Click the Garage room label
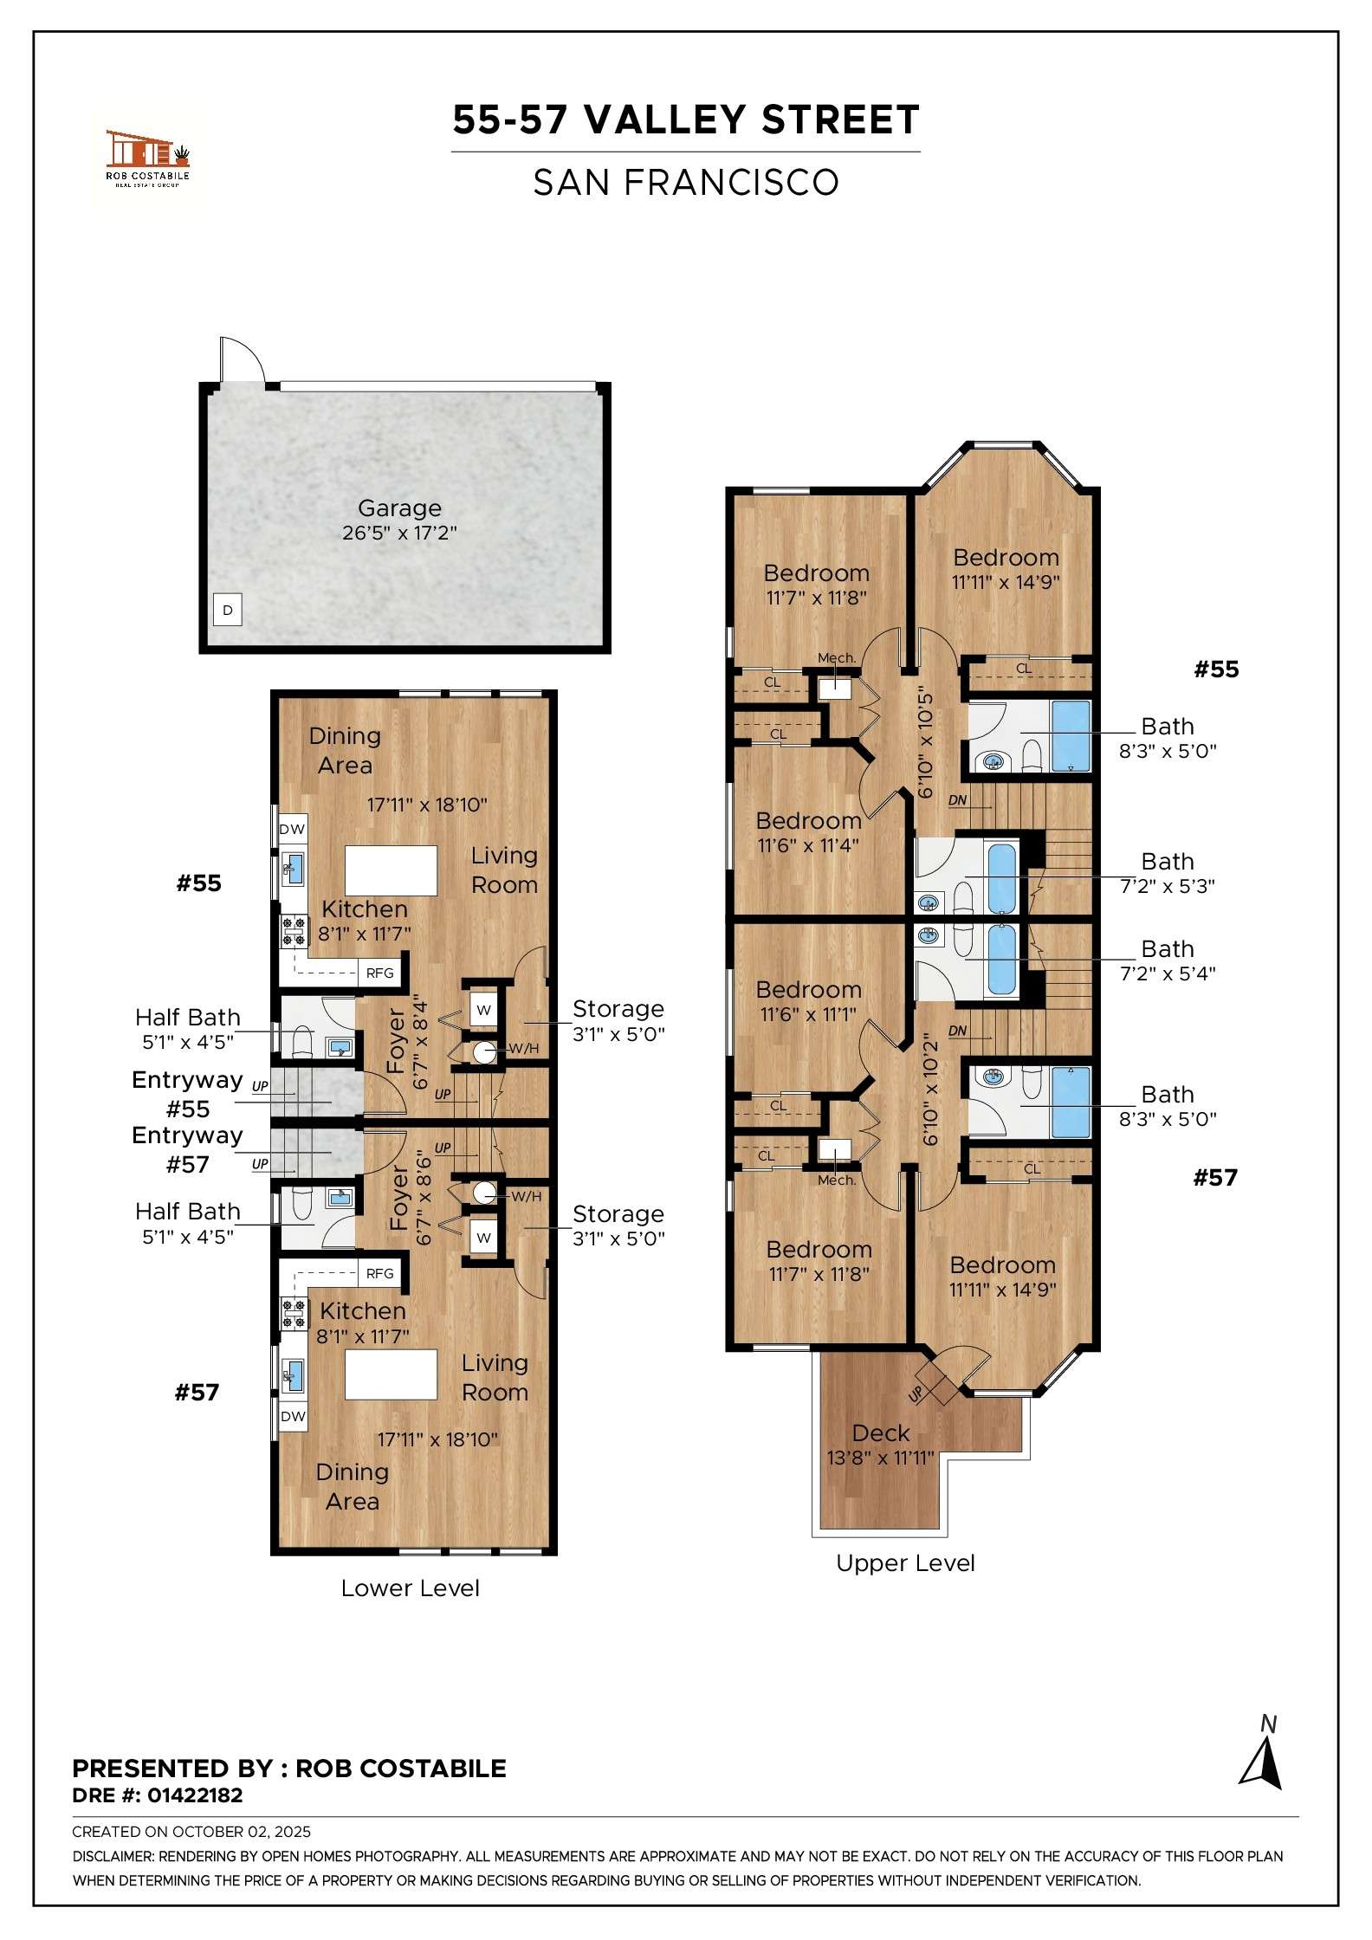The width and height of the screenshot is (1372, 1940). point(399,519)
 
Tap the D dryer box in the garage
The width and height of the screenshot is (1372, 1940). point(228,610)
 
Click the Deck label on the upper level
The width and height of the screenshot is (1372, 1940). point(880,1445)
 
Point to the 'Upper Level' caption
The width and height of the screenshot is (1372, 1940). point(905,1563)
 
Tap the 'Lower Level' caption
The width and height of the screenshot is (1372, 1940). point(410,1588)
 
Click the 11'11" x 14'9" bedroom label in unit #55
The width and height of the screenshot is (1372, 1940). point(1006,569)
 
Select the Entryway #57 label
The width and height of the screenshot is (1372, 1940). point(187,1149)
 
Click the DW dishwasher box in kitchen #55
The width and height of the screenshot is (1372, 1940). point(292,829)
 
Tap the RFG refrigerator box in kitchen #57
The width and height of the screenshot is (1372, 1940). point(379,1273)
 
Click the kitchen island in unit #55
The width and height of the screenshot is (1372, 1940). point(391,870)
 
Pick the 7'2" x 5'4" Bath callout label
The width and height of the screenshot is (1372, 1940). point(1167,960)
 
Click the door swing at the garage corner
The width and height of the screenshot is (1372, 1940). point(241,359)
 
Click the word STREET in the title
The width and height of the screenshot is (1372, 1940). point(839,120)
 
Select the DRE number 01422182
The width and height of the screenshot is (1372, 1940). point(195,1795)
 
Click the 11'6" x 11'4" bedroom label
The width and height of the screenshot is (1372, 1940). point(808,832)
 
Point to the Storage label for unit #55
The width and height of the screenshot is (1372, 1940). point(618,1020)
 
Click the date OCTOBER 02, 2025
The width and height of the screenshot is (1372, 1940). point(241,1832)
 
